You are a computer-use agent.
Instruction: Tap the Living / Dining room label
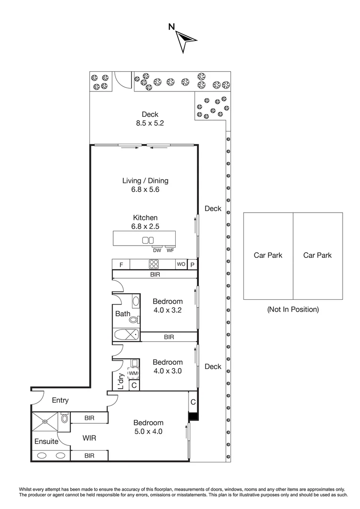[x=145, y=181]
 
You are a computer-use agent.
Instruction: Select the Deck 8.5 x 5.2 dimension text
[x=150, y=123]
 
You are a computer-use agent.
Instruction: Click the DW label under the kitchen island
[x=157, y=250]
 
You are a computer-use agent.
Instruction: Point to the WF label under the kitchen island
[x=170, y=250]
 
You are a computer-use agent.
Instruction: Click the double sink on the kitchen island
[x=148, y=240]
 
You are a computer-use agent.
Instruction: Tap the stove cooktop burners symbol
[x=154, y=264]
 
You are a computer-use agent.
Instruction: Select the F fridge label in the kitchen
[x=121, y=265]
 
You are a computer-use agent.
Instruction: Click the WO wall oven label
[x=181, y=264]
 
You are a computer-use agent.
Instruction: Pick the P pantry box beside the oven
[x=192, y=265]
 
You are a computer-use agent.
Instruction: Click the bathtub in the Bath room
[x=127, y=335]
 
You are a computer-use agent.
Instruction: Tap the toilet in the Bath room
[x=134, y=320]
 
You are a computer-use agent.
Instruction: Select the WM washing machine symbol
[x=133, y=373]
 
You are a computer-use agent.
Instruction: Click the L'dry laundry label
[x=121, y=381]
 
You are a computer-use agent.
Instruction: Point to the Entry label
[x=60, y=400]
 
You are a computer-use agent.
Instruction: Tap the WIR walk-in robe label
[x=89, y=438]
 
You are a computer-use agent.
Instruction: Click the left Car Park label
[x=268, y=255]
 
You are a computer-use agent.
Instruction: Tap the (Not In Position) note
[x=293, y=310]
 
